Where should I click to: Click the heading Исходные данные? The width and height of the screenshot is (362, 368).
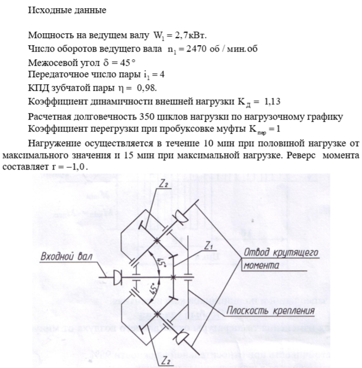pyautogui.click(x=59, y=10)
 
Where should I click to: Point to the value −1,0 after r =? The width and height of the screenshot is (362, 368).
pyautogui.click(x=77, y=168)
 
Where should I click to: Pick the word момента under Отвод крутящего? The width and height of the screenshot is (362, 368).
pyautogui.click(x=261, y=266)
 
